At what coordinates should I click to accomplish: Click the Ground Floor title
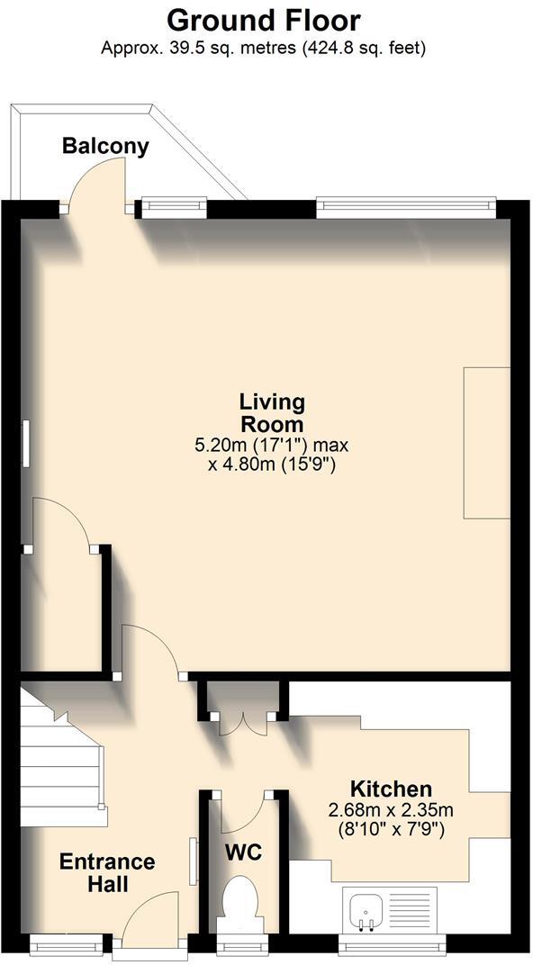click(x=264, y=20)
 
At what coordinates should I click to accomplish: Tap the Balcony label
click(x=105, y=147)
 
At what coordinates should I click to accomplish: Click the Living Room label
click(x=271, y=412)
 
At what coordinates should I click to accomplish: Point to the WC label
click(x=243, y=852)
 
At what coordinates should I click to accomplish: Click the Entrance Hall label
click(x=107, y=873)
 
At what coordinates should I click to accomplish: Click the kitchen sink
click(x=366, y=910)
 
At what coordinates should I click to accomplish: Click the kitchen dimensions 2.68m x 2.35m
click(x=390, y=809)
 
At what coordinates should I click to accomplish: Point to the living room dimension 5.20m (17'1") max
click(x=271, y=445)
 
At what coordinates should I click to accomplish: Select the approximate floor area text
click(x=264, y=48)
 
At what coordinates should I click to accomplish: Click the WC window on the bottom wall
click(x=240, y=943)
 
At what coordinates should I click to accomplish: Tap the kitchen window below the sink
click(x=392, y=943)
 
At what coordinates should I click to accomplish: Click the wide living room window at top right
click(x=406, y=207)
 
